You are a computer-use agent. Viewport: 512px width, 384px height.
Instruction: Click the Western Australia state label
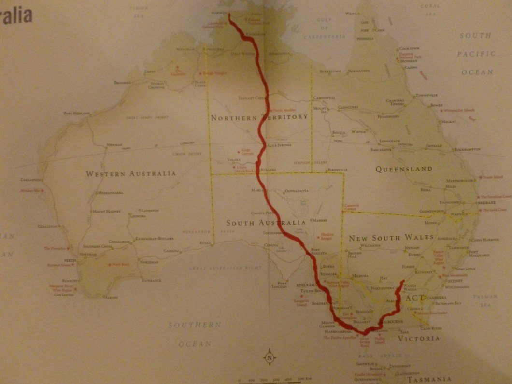point(131,173)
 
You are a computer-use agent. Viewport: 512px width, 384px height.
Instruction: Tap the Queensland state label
point(403,169)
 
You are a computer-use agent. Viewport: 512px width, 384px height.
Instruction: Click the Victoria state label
point(418,339)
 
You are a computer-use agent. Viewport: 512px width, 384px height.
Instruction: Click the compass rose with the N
point(269,358)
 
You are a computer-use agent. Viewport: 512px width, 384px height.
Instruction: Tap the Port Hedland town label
point(76,114)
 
